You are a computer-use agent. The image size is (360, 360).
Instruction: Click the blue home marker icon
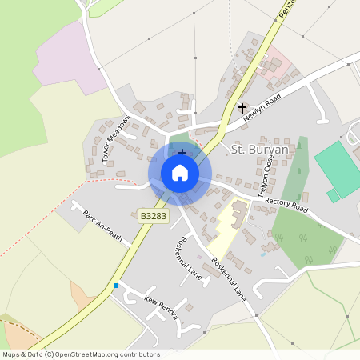[180, 173]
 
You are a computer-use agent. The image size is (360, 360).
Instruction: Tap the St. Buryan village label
[261, 150]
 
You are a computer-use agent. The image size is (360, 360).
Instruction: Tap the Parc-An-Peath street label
[102, 228]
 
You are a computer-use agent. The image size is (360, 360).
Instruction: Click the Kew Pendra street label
[160, 308]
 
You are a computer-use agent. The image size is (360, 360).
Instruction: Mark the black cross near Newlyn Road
[242, 107]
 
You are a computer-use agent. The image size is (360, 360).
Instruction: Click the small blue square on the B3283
[116, 286]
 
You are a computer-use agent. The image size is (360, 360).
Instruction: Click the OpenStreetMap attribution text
[81, 354]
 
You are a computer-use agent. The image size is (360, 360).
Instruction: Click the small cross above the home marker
[182, 151]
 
